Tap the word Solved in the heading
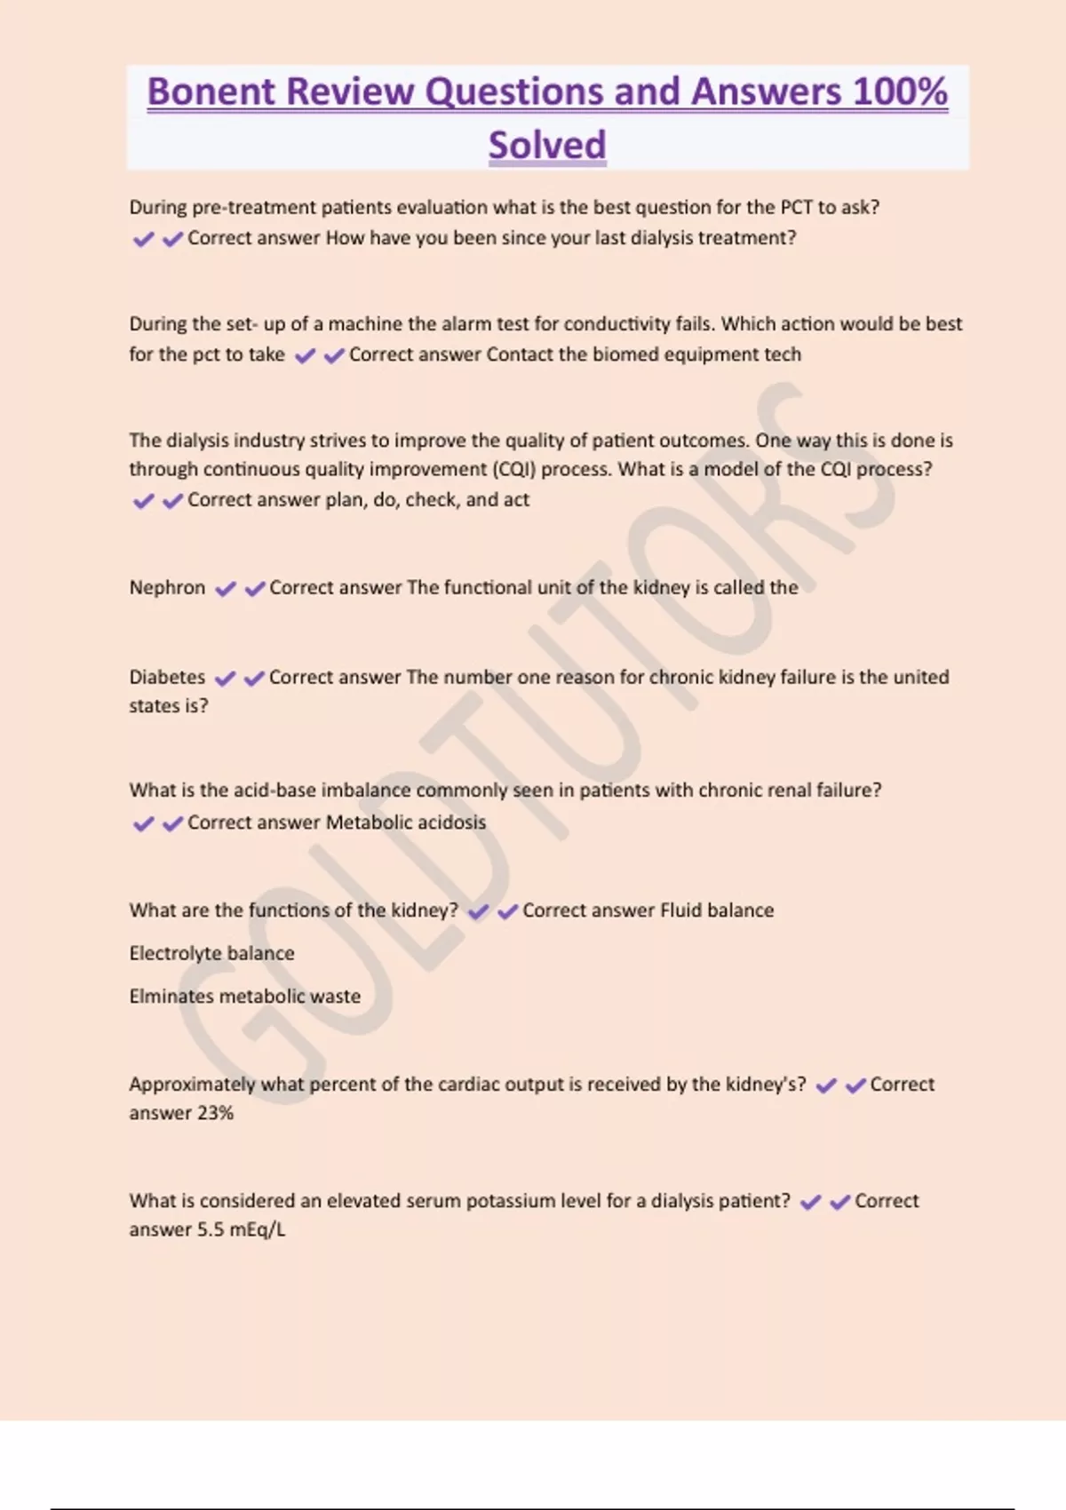coord(547,145)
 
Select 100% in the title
coord(900,91)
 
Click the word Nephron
coord(167,588)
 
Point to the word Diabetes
coord(167,678)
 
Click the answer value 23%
coord(216,1113)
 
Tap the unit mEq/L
coord(258,1230)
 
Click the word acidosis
coord(451,823)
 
